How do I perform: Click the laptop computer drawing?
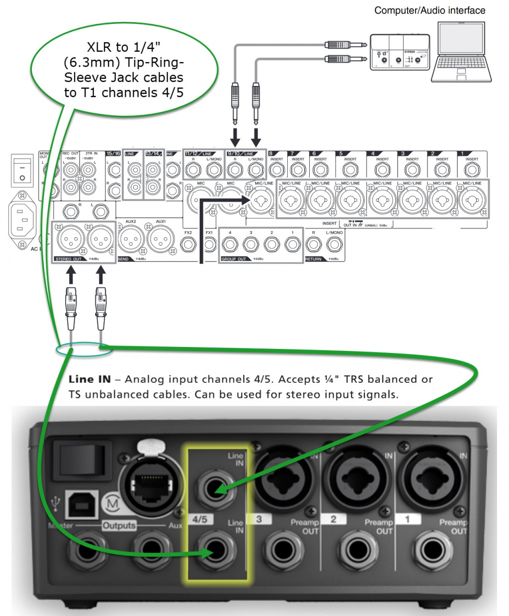461,54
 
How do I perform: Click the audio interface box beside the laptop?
400,52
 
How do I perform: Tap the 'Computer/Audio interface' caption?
429,10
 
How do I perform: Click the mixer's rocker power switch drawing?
22,170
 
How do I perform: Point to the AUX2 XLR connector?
131,240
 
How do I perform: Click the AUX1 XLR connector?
161,240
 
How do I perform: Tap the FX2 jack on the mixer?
188,244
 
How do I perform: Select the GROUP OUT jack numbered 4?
230,244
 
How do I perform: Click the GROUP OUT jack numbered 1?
292,244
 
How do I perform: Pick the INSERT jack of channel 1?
472,170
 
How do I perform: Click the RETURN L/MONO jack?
334,244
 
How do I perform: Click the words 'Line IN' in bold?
89,379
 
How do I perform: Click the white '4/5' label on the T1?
200,520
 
